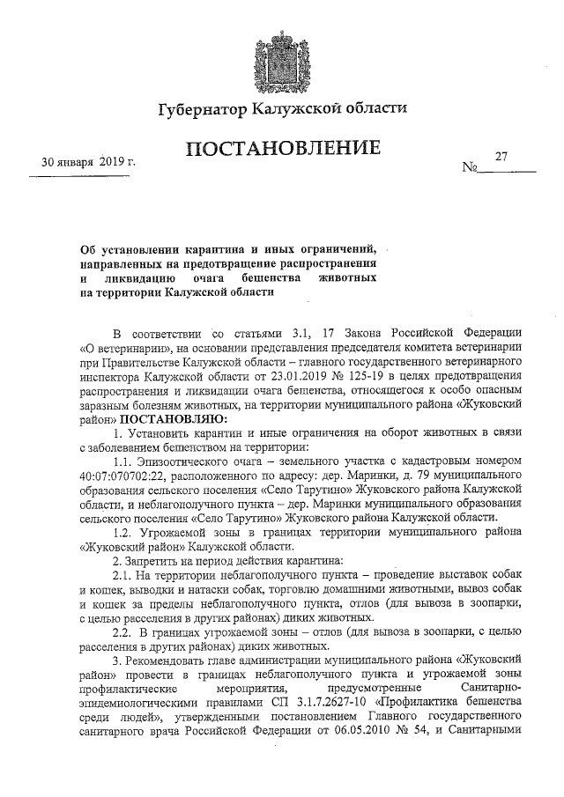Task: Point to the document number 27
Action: tap(502, 157)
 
